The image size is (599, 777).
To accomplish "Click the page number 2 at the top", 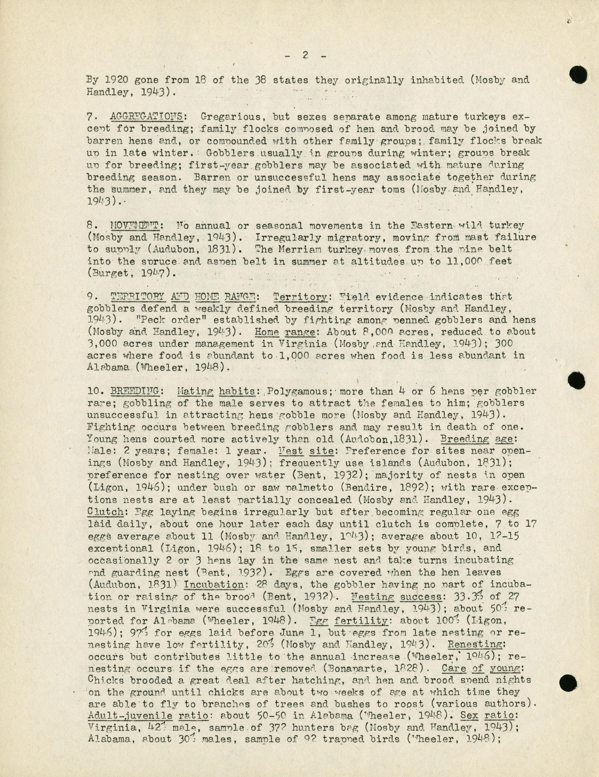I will [305, 55].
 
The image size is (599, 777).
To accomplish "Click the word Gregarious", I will [231, 117].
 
